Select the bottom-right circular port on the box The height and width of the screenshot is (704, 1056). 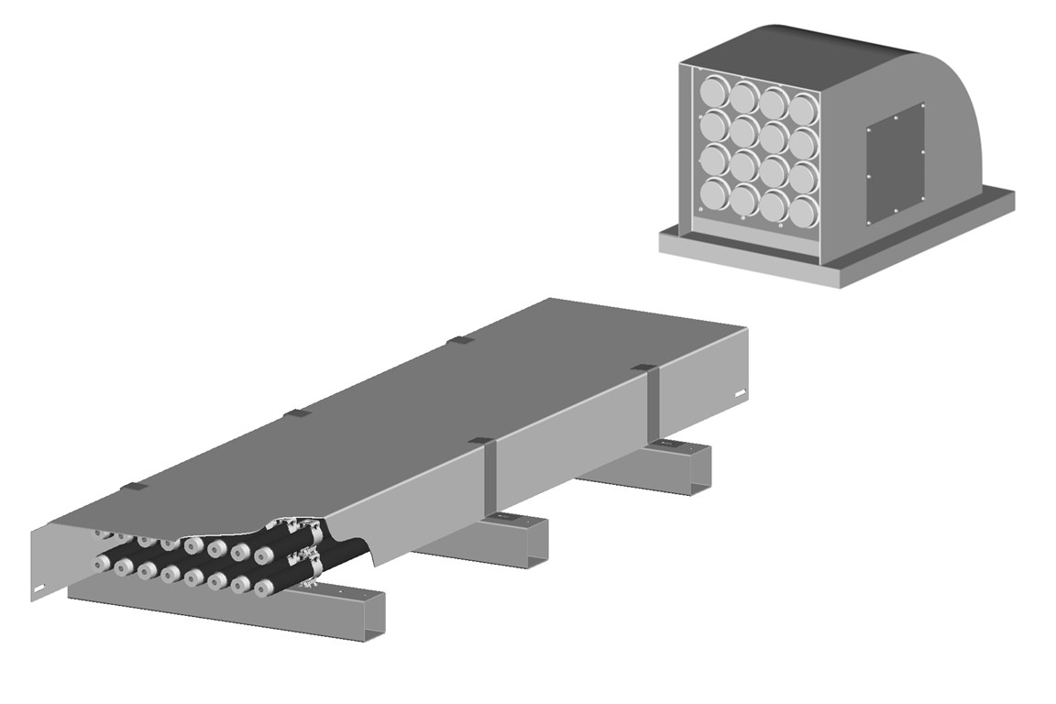(x=802, y=212)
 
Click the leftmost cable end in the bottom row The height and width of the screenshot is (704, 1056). (x=100, y=564)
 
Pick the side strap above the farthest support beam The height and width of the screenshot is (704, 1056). (x=652, y=402)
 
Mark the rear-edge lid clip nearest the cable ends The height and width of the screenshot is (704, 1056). (x=132, y=487)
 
